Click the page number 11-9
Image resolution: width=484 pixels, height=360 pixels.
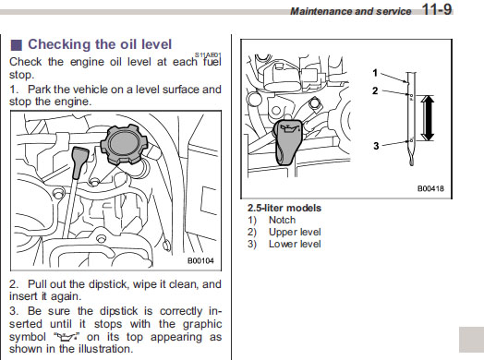pos(437,9)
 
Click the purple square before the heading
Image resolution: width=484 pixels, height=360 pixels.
pos(17,45)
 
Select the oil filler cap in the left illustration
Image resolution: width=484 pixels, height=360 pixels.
pos(125,144)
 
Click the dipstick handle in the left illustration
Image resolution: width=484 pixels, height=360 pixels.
pos(80,162)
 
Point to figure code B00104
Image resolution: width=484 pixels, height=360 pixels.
pos(200,260)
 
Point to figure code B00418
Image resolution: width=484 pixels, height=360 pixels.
pos(430,188)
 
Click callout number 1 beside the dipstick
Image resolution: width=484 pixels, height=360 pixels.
pos(375,73)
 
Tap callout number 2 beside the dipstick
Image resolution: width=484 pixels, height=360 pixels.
pos(375,91)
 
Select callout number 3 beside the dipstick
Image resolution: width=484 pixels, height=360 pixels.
pos(376,146)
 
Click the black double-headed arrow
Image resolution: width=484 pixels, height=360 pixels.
pos(428,118)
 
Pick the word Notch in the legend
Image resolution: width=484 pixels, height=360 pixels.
pos(282,220)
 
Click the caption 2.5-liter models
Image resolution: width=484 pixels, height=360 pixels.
pos(284,208)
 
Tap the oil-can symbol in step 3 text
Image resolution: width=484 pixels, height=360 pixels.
pos(67,337)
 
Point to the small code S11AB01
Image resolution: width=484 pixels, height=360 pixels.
pos(208,54)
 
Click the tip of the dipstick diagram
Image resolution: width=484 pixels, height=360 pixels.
pos(411,164)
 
